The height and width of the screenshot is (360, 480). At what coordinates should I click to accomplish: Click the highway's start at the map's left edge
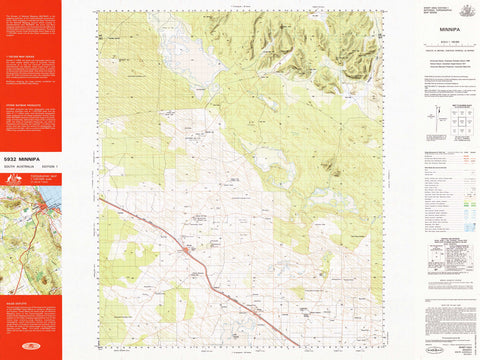(x=100, y=197)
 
